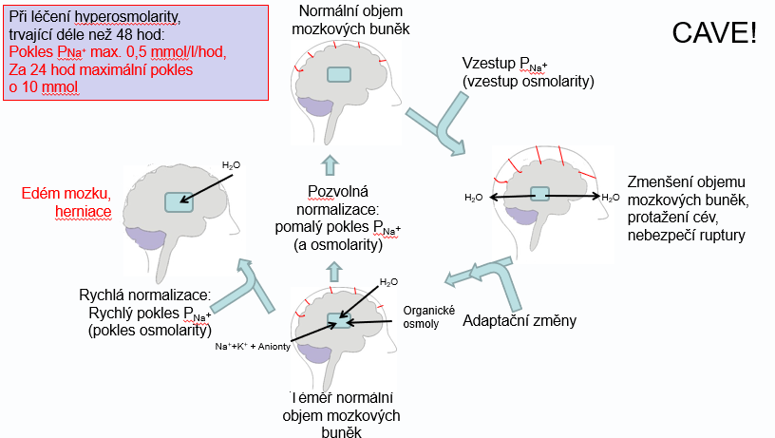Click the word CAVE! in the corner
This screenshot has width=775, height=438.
pos(714,32)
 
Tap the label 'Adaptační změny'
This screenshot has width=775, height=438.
pos(520,320)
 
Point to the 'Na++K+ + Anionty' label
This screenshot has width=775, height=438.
pos(252,346)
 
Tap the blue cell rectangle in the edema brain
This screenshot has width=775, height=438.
pos(178,200)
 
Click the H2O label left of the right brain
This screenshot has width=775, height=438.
pos(474,198)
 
